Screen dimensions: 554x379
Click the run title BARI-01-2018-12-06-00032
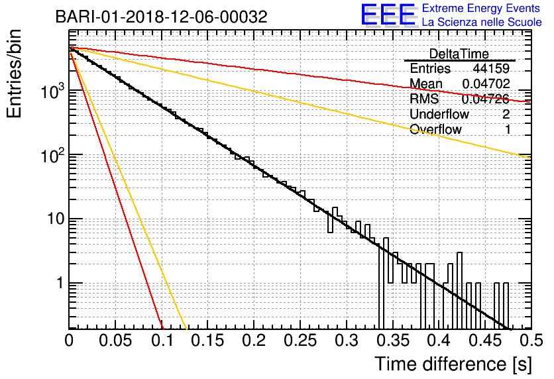click(162, 17)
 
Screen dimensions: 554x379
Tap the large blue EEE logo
click(388, 15)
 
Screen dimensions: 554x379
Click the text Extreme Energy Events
click(481, 8)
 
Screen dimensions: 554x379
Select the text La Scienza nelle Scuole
click(482, 23)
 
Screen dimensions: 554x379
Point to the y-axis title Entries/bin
click(14, 74)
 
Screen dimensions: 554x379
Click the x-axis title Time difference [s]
click(453, 364)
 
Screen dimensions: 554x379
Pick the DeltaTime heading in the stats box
click(459, 54)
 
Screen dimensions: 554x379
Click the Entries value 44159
click(491, 68)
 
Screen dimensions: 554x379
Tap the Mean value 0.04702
click(486, 83)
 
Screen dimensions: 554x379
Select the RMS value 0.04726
click(486, 99)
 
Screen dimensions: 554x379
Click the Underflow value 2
click(506, 114)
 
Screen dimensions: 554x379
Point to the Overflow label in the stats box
click(435, 129)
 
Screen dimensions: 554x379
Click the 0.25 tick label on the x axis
click(300, 341)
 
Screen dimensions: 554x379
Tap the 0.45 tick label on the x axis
click(485, 341)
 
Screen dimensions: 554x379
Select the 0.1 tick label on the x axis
click(162, 341)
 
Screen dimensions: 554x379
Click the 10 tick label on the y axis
click(56, 219)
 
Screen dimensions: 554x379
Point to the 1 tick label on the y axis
click(60, 284)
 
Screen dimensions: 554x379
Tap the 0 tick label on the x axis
click(69, 341)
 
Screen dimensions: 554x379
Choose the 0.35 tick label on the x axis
click(393, 341)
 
